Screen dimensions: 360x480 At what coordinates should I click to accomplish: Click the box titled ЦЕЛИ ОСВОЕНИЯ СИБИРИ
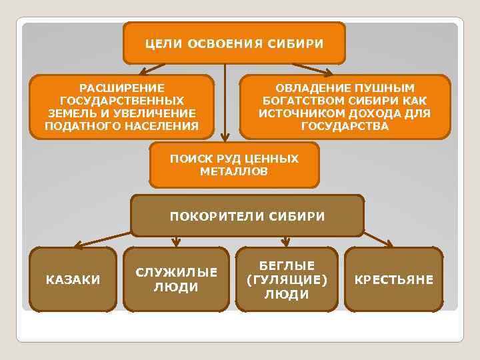click(234, 43)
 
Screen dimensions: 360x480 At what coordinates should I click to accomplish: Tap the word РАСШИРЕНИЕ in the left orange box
click(121, 88)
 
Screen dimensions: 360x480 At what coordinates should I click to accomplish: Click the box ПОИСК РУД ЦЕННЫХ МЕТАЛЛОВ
click(234, 165)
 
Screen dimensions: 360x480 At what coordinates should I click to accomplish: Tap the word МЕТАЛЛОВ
click(234, 171)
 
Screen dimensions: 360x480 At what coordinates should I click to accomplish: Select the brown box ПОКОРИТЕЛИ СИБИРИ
click(247, 216)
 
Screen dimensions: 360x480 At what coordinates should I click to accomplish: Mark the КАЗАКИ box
click(73, 279)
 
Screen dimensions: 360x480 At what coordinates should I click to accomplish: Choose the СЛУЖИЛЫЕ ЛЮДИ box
click(176, 279)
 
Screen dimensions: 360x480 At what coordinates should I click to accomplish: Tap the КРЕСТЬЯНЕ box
click(393, 279)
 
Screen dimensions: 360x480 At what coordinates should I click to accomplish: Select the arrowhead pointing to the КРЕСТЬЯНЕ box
click(391, 244)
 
